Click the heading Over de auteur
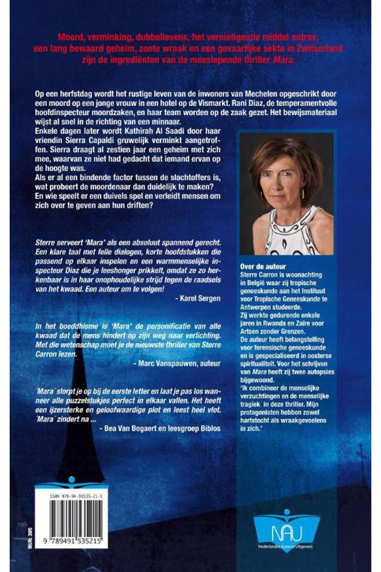pyautogui.click(x=263, y=266)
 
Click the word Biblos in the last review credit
pyautogui.click(x=210, y=428)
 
